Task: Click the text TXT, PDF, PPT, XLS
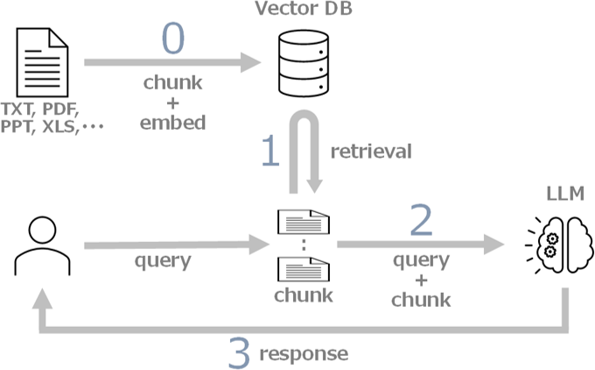pos(52,119)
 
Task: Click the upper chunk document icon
pos(303,222)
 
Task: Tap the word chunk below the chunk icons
pos(303,295)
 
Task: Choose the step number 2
pos(421,222)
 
